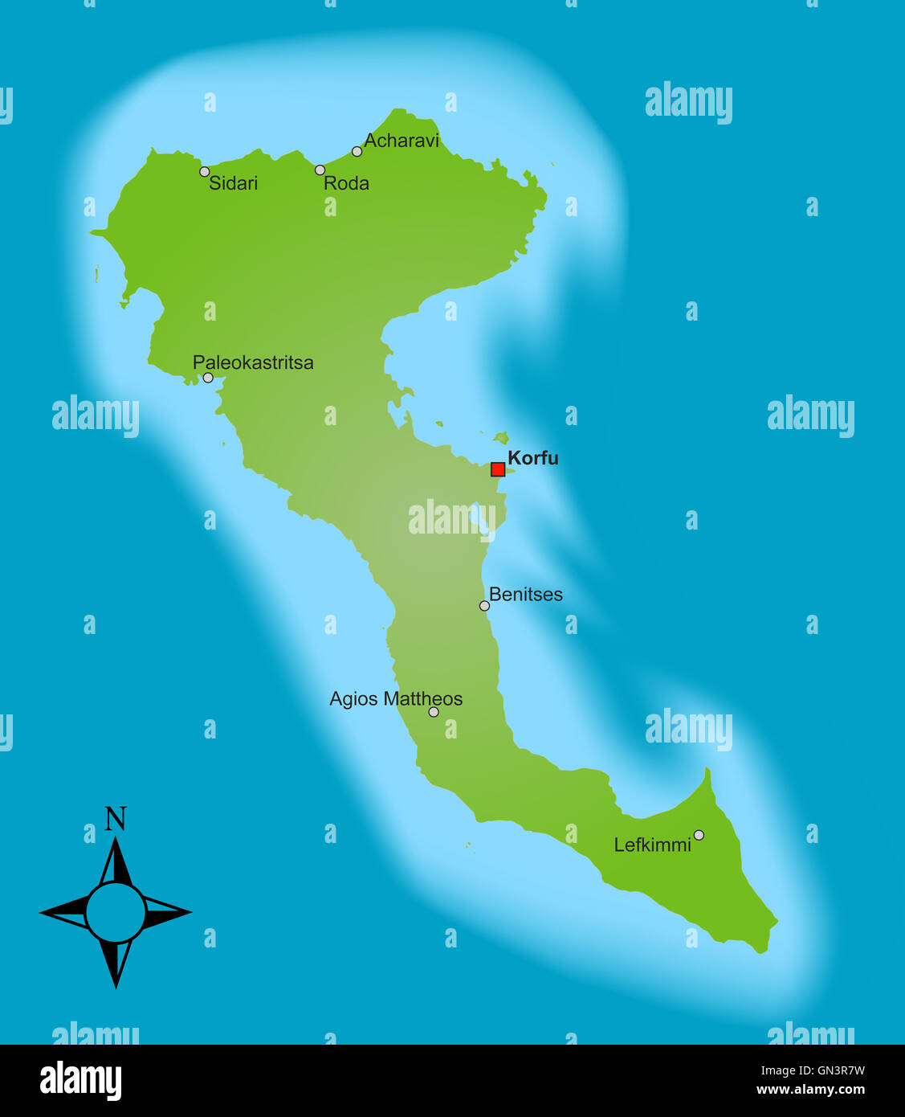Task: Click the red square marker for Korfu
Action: click(x=498, y=469)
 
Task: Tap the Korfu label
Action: click(x=532, y=458)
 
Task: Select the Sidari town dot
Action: click(x=205, y=171)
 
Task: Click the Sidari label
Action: click(x=233, y=183)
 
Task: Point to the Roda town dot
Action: click(x=320, y=170)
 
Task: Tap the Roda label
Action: click(x=346, y=183)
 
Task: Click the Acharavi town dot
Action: click(x=357, y=151)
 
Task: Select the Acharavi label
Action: click(x=402, y=141)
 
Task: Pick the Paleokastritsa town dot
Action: click(x=208, y=378)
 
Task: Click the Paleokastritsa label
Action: click(x=253, y=362)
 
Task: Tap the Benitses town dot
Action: click(x=484, y=606)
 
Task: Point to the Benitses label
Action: click(x=525, y=595)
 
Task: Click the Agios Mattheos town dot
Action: click(x=434, y=712)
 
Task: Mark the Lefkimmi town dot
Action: click(x=699, y=835)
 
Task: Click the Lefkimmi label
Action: click(x=652, y=845)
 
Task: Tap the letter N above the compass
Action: click(x=116, y=819)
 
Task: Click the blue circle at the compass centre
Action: click(x=116, y=913)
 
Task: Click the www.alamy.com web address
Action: click(x=810, y=1090)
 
